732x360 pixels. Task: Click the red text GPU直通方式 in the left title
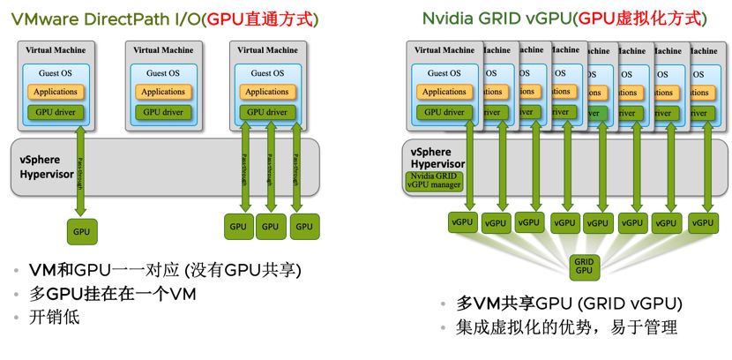click(260, 19)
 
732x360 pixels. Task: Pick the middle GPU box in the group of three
click(271, 227)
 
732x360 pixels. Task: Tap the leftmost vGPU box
click(461, 222)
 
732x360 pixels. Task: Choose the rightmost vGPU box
click(702, 222)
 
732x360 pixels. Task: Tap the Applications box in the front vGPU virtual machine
click(444, 92)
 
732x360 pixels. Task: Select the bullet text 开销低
click(55, 317)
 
